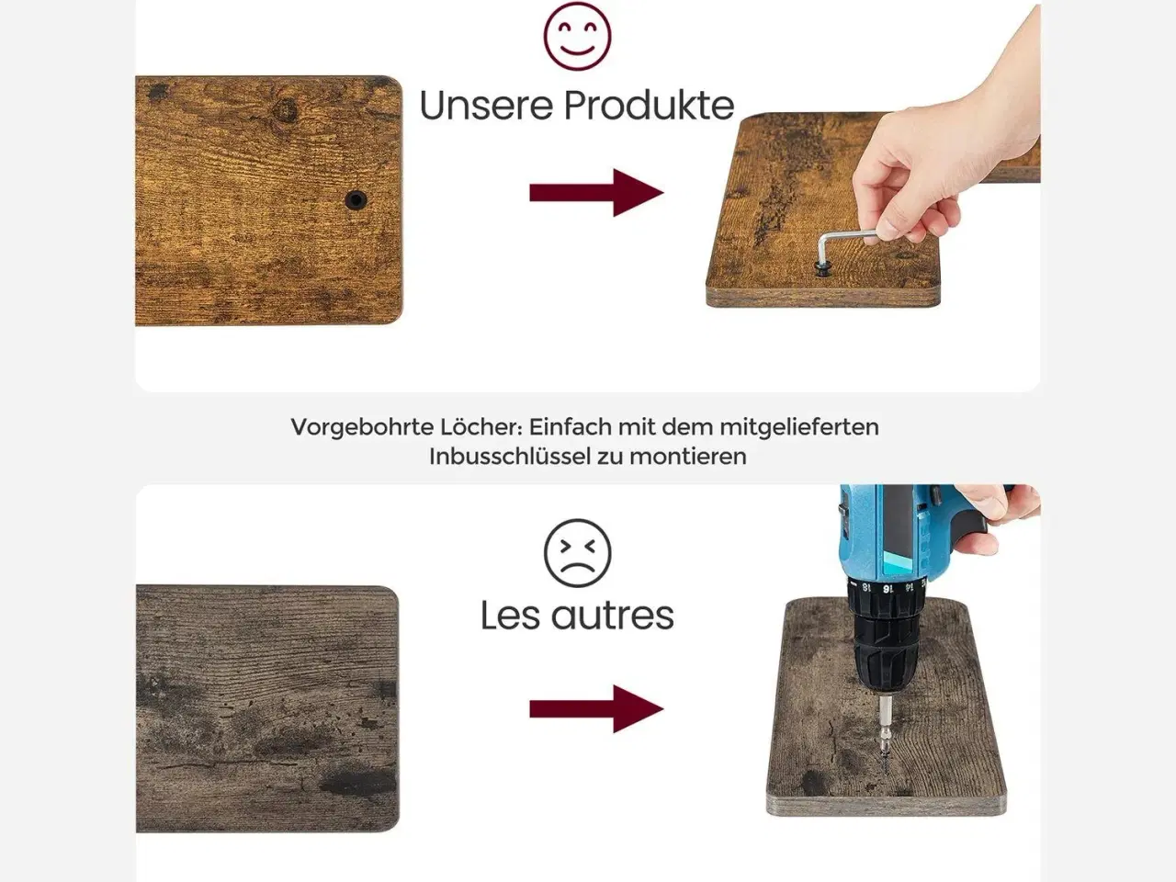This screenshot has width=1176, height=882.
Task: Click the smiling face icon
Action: [x=577, y=36]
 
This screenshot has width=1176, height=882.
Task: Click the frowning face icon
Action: [x=577, y=553]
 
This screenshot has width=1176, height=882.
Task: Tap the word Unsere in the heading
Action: [x=486, y=106]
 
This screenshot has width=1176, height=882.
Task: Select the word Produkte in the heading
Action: [x=650, y=106]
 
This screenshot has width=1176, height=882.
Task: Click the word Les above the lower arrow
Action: [x=510, y=616]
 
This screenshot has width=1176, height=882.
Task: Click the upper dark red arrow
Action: [x=596, y=193]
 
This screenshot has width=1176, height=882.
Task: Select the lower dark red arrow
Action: [x=596, y=709]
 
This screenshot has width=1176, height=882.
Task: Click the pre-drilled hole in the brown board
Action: [x=356, y=200]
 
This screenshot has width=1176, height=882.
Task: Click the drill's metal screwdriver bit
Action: [x=885, y=734]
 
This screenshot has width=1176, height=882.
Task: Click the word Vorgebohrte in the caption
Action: [x=362, y=427]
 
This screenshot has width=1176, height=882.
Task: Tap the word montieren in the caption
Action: [x=687, y=457]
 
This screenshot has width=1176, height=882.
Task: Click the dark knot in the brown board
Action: [x=284, y=111]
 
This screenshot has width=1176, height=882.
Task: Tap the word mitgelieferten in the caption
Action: [x=798, y=427]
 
